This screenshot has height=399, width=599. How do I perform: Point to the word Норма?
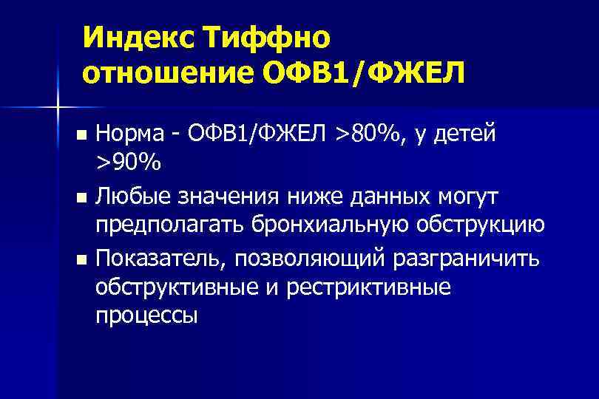tap(132, 135)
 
